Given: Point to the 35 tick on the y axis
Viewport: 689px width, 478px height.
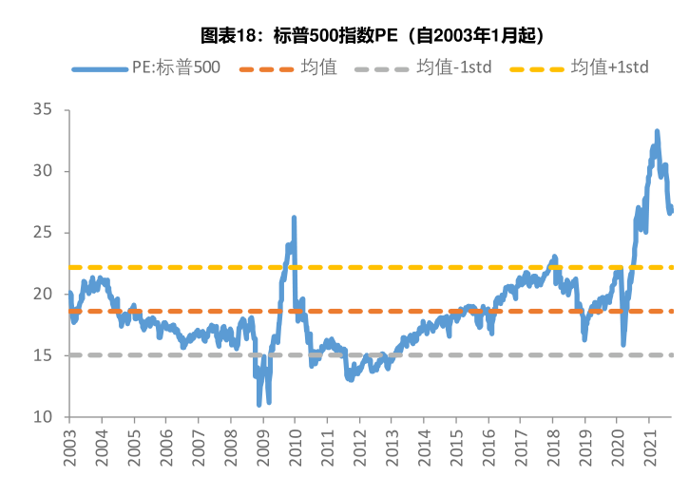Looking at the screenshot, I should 45,110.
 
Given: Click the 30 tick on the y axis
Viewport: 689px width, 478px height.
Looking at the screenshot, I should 45,171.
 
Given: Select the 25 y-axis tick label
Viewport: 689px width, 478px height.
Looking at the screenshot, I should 45,233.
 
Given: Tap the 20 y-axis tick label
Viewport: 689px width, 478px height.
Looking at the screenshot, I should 45,295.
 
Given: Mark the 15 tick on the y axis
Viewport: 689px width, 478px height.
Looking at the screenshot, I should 45,355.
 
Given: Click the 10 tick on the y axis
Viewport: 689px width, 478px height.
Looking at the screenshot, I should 45,417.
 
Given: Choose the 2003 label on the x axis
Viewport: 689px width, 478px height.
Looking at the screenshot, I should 69,448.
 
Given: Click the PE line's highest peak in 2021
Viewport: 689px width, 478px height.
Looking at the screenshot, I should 657,131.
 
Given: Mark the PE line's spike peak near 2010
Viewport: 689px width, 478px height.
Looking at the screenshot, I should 294,218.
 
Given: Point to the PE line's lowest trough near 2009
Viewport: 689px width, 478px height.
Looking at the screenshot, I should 259,404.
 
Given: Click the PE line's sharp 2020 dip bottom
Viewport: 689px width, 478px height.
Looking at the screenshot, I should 623,344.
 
